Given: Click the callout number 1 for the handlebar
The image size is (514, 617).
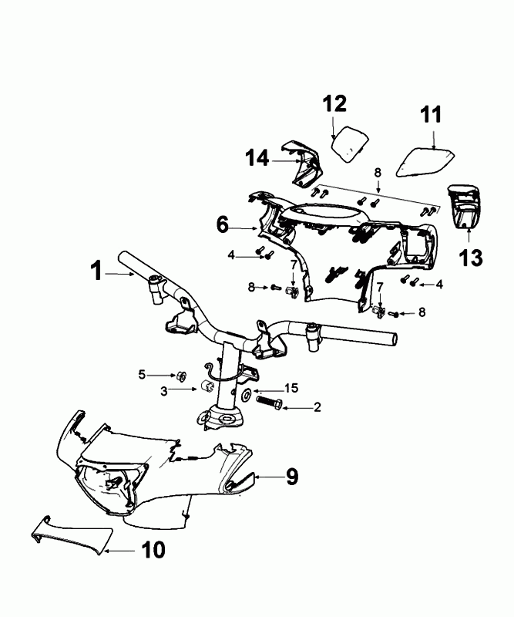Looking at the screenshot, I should pos(96,271).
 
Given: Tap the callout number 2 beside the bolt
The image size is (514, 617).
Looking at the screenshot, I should pos(317,406).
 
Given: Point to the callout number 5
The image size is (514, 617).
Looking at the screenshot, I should pos(141,374).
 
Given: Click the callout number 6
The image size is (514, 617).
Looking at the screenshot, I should pos(222,225).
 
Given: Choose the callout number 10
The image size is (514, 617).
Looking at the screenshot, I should pos(153,550).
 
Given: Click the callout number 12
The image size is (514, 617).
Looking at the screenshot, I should pos(334,103).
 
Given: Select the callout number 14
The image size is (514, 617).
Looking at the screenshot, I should pos(257,158).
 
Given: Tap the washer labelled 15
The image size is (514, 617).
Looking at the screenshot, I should pos(244,395).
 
